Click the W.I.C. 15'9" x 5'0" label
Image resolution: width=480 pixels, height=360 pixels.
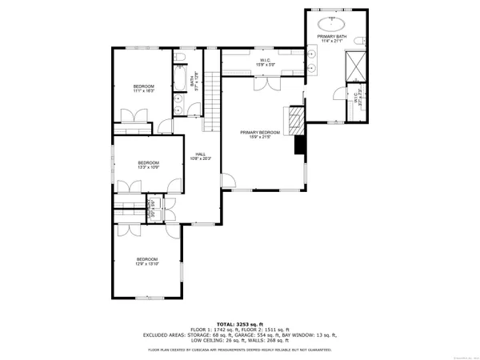click(265, 62)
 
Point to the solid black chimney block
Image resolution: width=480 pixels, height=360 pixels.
click(300, 146)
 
